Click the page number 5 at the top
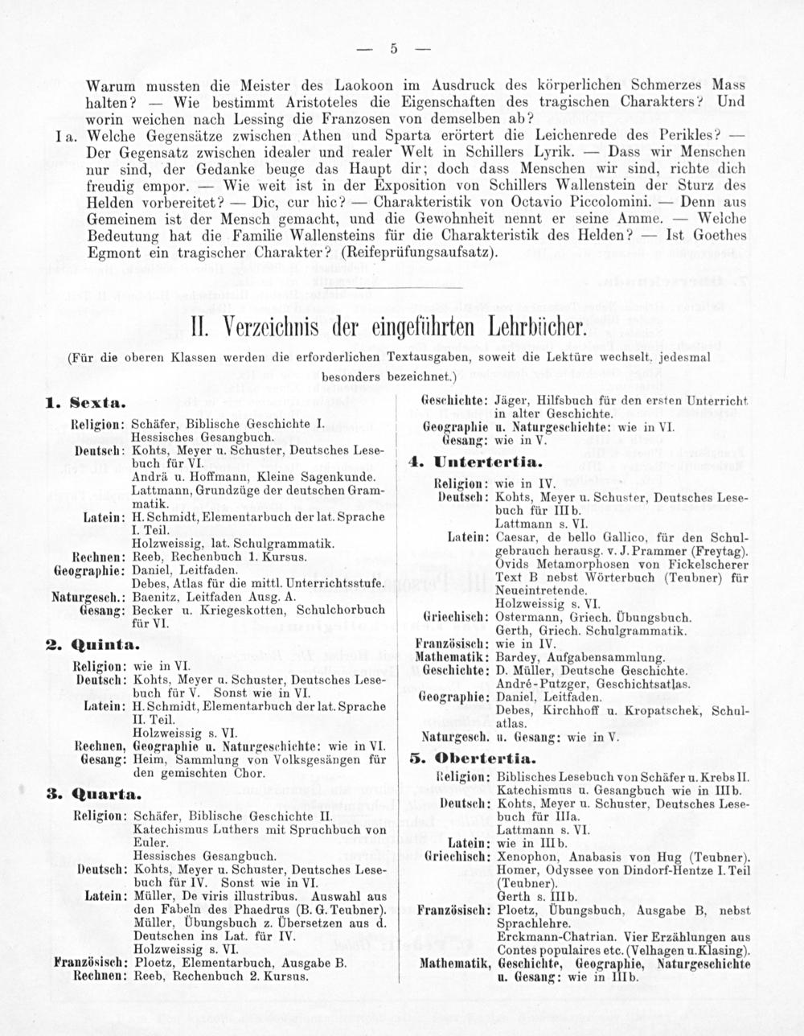394,48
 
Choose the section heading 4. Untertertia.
471,464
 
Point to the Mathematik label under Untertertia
456,657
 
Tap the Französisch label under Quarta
88,962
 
